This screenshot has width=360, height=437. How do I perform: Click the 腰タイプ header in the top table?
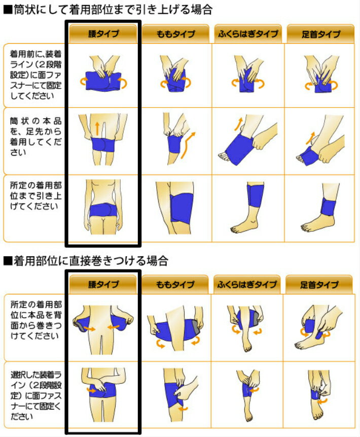[103, 33]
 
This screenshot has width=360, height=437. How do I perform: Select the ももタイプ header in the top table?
[175, 33]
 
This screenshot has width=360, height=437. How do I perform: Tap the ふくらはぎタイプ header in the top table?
[248, 33]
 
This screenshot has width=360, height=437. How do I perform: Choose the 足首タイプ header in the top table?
[320, 33]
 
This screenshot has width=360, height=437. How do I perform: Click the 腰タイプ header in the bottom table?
[103, 284]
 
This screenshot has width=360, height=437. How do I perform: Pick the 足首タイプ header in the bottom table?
[319, 284]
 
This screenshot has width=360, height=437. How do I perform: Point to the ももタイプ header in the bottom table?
[175, 284]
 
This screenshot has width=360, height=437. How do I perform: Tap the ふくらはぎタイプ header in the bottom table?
[247, 284]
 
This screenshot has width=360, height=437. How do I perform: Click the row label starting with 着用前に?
[35, 75]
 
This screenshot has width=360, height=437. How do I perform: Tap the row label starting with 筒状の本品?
[35, 137]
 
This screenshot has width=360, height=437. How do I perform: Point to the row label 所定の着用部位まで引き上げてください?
[35, 195]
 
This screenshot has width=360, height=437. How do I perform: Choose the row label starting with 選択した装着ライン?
[35, 395]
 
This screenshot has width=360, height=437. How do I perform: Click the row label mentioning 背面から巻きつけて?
[35, 320]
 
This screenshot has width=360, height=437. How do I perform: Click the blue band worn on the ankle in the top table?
[328, 206]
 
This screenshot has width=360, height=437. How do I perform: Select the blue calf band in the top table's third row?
[256, 195]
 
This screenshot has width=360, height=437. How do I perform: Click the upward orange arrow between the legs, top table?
[97, 128]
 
